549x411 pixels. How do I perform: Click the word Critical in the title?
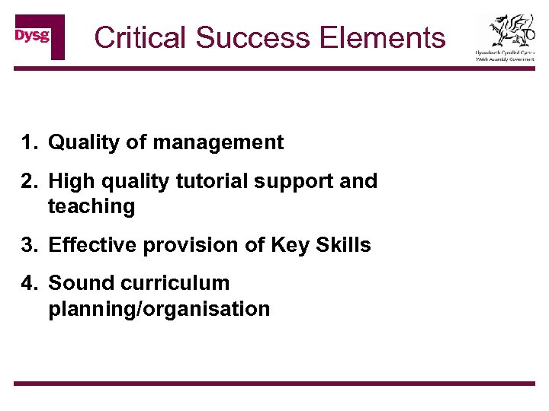[140, 37]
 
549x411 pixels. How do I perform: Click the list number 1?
[28, 142]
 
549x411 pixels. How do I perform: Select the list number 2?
[28, 181]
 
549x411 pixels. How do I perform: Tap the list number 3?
[28, 245]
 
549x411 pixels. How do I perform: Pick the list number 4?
[28, 283]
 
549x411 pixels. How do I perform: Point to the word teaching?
[91, 206]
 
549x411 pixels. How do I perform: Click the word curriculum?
[173, 283]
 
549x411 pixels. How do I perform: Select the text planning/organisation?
[159, 309]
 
